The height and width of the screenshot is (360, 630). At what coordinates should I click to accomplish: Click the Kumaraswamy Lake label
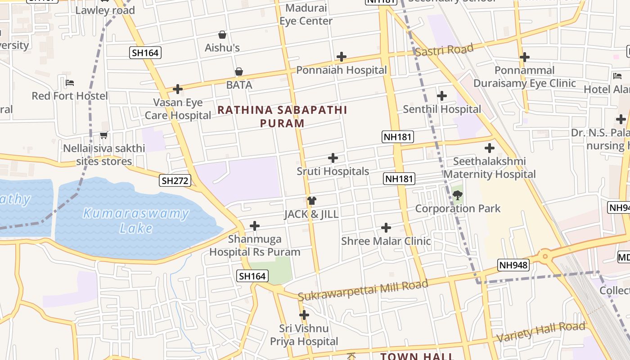[136, 220]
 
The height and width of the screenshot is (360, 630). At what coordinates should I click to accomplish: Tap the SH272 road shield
[175, 181]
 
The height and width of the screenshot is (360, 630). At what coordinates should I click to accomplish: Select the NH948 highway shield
[513, 265]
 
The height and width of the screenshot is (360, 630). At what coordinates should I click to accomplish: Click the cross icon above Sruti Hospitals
[333, 158]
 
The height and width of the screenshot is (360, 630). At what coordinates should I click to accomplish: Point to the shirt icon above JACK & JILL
[311, 200]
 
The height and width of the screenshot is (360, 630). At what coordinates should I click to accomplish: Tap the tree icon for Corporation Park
[458, 195]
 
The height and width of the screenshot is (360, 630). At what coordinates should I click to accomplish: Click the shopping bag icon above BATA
[239, 72]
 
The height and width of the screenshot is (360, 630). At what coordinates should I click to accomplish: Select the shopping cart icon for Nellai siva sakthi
[104, 135]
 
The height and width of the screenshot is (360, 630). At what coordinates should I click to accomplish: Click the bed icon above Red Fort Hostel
[70, 83]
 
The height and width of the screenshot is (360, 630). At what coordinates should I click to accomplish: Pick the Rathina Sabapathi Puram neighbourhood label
[282, 116]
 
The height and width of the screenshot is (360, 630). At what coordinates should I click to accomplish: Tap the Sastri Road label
[444, 49]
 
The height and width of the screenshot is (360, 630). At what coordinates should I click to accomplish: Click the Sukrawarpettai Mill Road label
[363, 290]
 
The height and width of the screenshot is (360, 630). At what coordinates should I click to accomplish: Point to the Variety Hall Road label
[540, 332]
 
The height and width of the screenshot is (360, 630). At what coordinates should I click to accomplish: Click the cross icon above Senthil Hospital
[442, 96]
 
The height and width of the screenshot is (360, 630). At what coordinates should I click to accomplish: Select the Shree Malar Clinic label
[386, 241]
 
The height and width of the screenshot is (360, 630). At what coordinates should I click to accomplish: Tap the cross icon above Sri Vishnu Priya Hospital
[304, 315]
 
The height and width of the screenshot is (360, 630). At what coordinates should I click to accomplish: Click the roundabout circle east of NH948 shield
[545, 256]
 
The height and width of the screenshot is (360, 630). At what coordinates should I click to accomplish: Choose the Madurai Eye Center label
[306, 14]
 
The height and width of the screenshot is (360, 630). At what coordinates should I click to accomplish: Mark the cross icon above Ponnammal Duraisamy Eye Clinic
[524, 57]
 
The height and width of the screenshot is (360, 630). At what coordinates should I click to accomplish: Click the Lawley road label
[105, 10]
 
